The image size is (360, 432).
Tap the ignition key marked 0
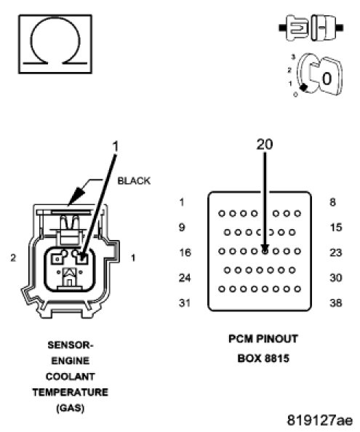click(319, 75)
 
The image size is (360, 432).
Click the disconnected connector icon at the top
click(311, 28)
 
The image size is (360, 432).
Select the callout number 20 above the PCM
click(265, 145)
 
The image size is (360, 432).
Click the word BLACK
click(134, 181)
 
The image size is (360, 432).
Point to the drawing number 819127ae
click(320, 420)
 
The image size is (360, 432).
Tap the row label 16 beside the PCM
click(185, 252)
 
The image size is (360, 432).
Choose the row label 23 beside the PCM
click(336, 252)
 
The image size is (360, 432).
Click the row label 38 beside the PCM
click(336, 303)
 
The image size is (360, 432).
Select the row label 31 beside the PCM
click(185, 303)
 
